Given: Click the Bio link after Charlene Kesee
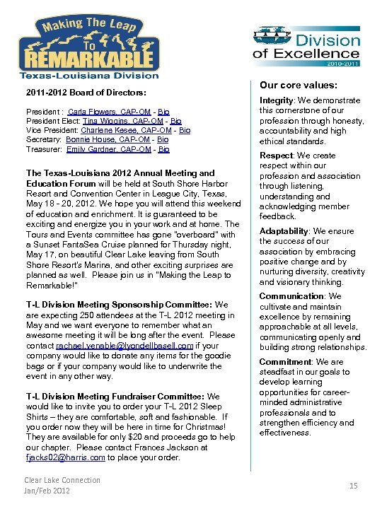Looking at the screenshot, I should pyautogui.click(x=185, y=131).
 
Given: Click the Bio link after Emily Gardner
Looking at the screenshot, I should pyautogui.click(x=163, y=149).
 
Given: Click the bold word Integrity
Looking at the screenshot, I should pyautogui.click(x=277, y=101).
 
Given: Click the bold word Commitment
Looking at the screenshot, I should pyautogui.click(x=284, y=362).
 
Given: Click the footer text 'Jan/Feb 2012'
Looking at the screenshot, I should pyautogui.click(x=47, y=491).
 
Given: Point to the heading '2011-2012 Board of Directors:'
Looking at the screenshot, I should pyautogui.click(x=86, y=93).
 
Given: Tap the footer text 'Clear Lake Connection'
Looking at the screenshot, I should pyautogui.click(x=62, y=480).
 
